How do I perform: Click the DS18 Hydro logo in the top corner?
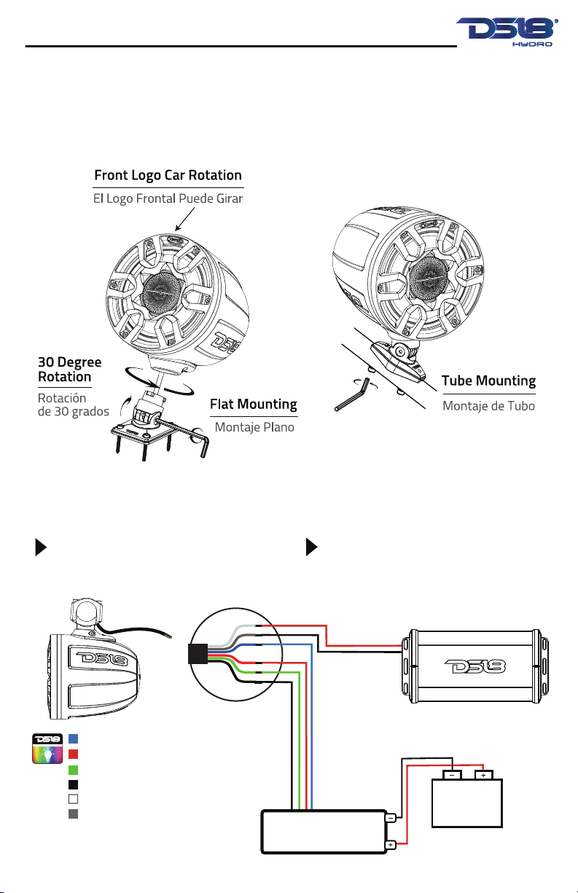(x=507, y=32)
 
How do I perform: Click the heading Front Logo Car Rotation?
(x=168, y=176)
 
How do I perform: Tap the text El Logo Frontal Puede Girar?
(x=168, y=198)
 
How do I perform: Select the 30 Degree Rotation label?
(x=70, y=369)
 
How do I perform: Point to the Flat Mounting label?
(x=254, y=405)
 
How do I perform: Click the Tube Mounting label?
(x=488, y=381)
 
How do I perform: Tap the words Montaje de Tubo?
(x=488, y=406)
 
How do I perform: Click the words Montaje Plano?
(x=254, y=427)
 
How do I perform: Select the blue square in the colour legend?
(x=74, y=738)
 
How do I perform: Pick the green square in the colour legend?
(x=74, y=769)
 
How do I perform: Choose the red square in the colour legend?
(x=74, y=754)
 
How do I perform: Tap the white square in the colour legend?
(x=74, y=799)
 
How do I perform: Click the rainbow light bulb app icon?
(x=47, y=748)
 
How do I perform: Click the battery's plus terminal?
(x=483, y=776)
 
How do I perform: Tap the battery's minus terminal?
(x=452, y=776)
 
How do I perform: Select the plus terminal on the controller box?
(x=391, y=844)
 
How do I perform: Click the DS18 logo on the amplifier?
(x=474, y=666)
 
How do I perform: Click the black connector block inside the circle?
(x=198, y=654)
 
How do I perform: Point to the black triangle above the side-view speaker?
(x=41, y=547)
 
